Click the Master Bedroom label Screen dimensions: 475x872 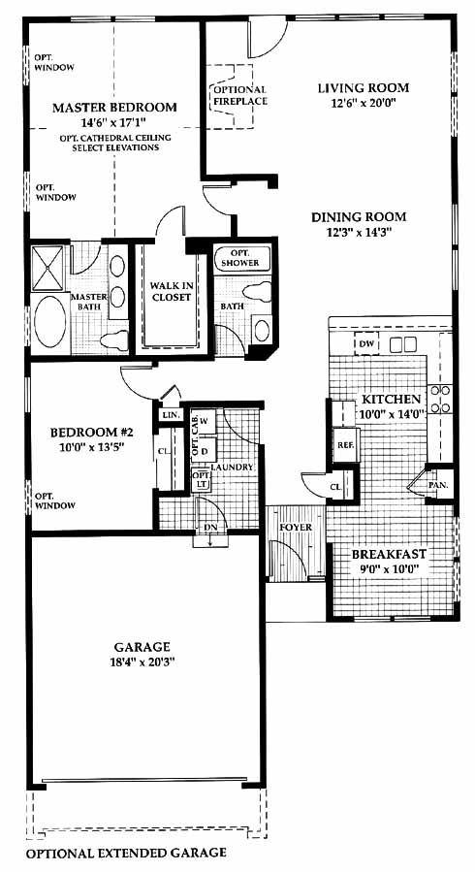114,108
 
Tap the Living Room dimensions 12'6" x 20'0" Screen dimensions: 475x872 364,102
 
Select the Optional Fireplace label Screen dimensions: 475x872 240,96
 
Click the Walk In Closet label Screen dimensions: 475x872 172,291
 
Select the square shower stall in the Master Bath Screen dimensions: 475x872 48,268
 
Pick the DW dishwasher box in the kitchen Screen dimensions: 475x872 366,344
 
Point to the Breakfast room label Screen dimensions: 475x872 390,554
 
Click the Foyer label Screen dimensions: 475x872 296,527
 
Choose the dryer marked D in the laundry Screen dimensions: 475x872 204,451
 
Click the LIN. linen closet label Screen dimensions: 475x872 168,415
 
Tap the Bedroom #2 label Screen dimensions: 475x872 92,433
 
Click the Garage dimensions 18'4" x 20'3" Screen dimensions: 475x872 142,662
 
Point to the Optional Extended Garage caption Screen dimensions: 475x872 126,853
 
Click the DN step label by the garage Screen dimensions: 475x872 210,526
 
